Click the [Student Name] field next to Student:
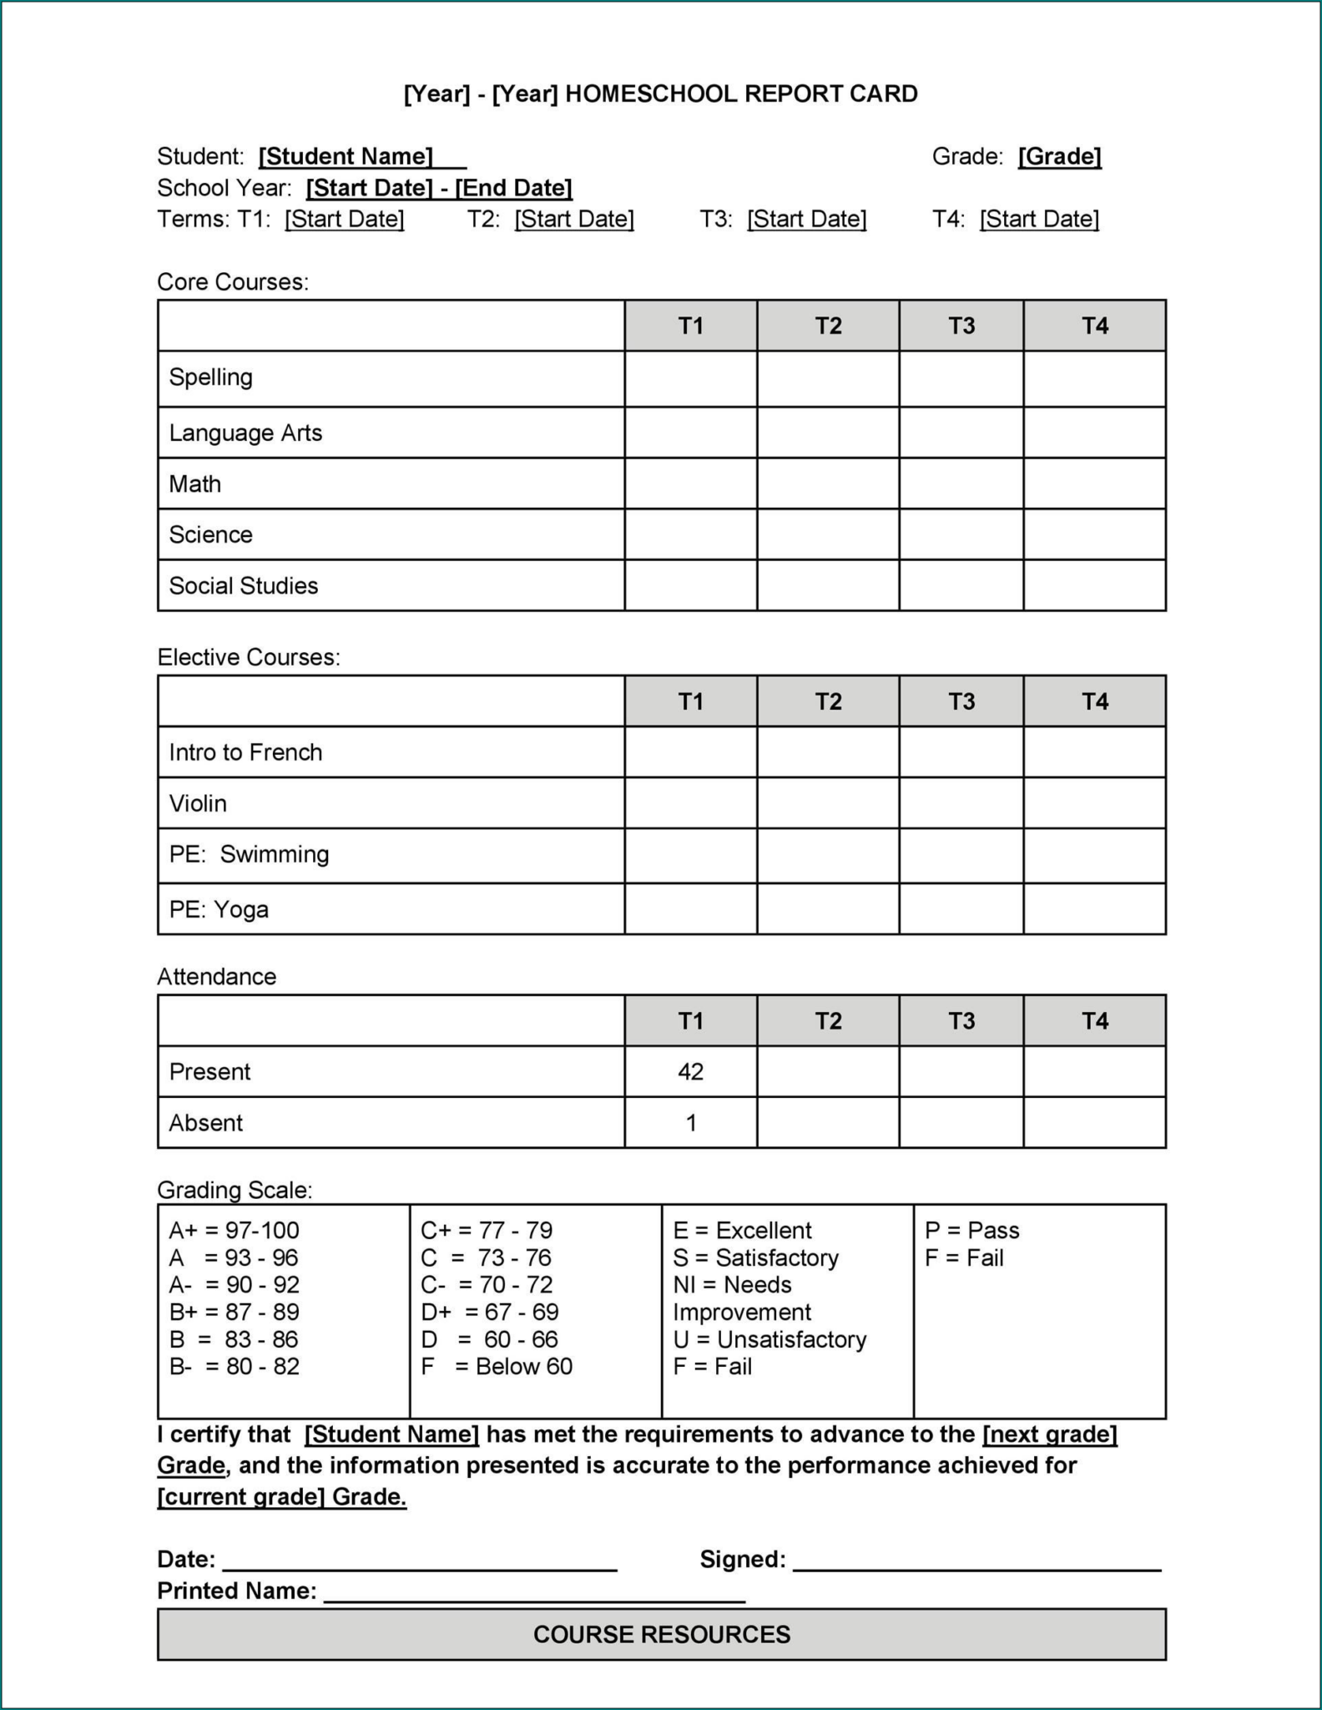pos(346,156)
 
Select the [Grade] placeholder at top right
pos(1059,156)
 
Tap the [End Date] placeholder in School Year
pos(513,188)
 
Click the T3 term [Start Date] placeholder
pos(806,219)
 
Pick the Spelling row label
pos(210,377)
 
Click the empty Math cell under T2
pos(827,483)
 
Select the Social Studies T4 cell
pos(1093,585)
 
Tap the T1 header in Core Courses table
pos(690,326)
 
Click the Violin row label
pos(198,803)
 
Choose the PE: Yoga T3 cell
pos(961,909)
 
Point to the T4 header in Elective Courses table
pos(1093,701)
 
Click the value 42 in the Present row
pos(690,1071)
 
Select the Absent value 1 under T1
pos(690,1123)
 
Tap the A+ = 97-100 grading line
pos(234,1230)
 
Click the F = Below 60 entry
pos(497,1366)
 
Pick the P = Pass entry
pos(971,1230)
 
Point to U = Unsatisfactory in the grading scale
pos(769,1339)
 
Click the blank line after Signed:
pos(976,1561)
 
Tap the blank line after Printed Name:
pos(534,1593)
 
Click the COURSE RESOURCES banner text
pos(661,1634)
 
